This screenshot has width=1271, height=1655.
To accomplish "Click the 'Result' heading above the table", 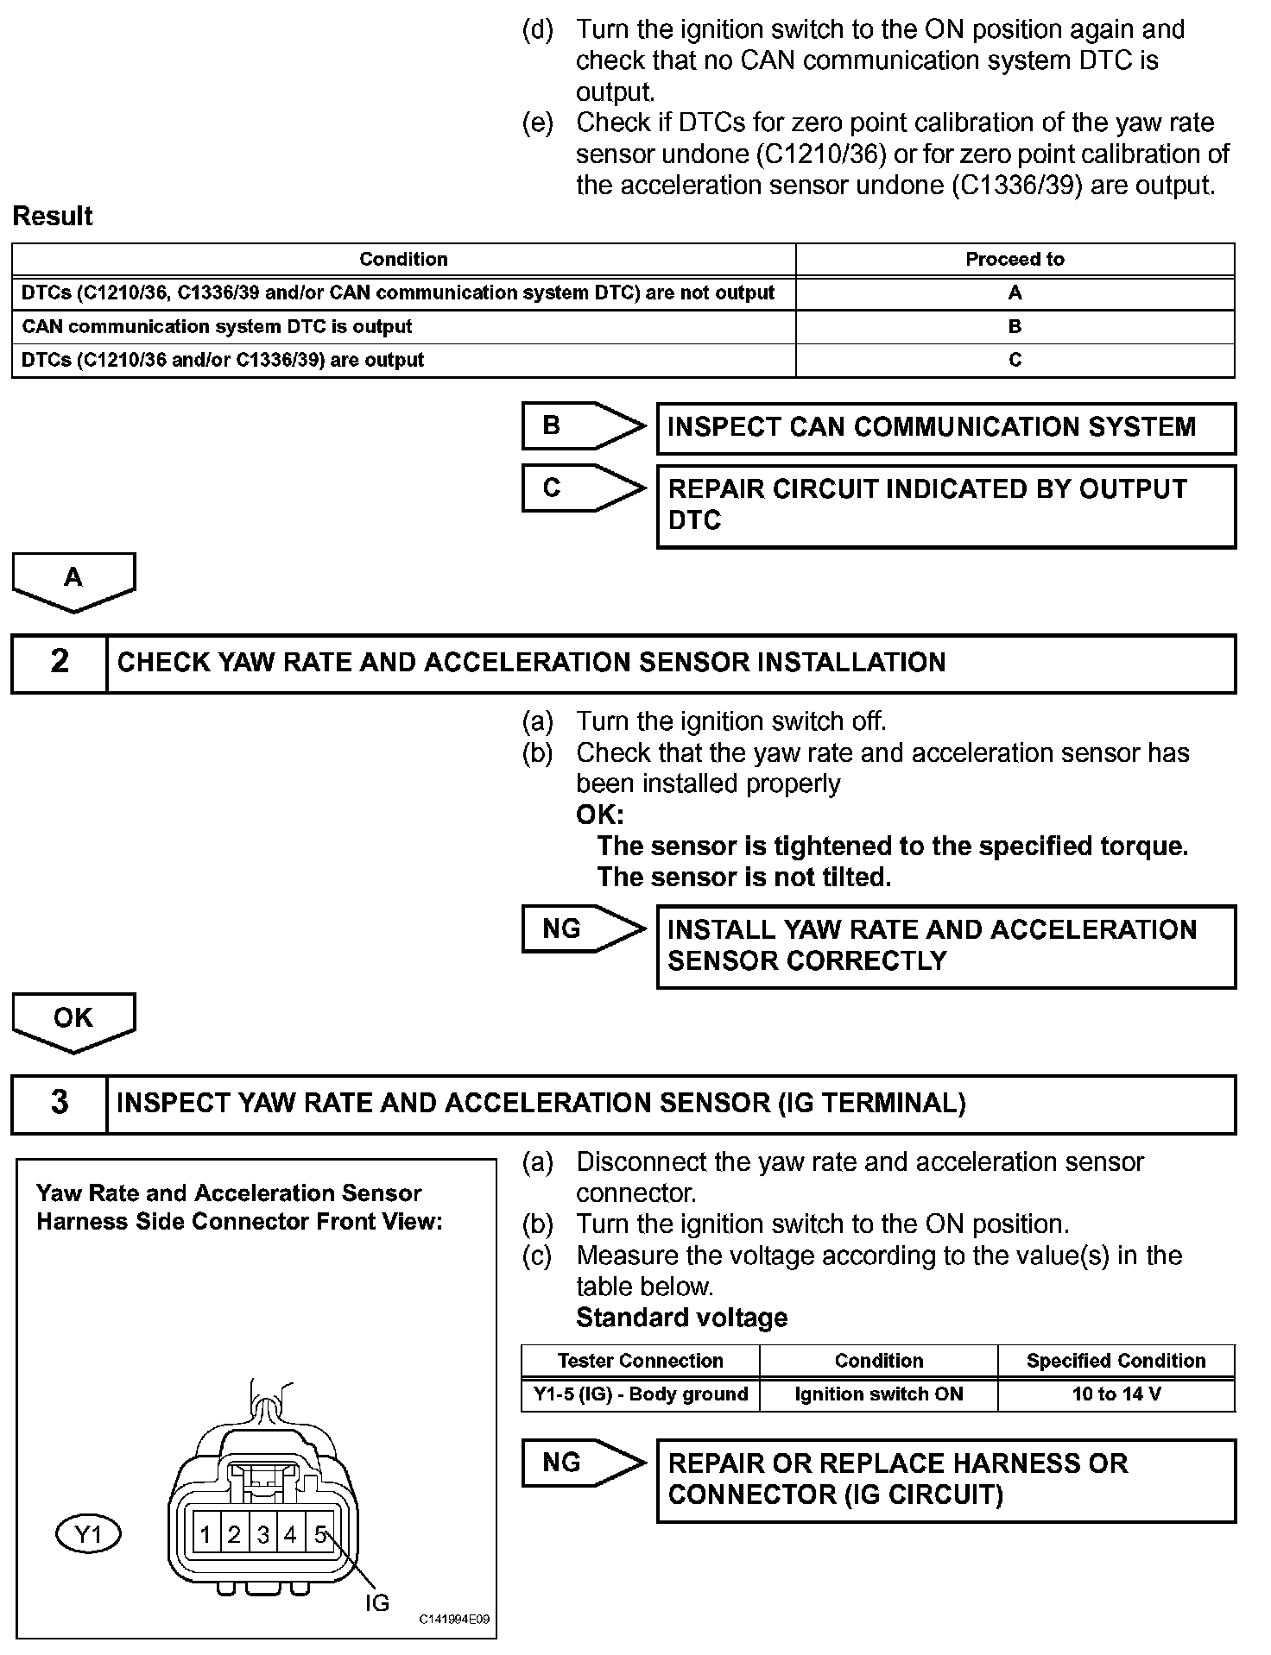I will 53,217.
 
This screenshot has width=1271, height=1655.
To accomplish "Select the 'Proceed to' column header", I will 1015,260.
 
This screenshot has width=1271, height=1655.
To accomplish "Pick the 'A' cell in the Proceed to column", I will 1015,293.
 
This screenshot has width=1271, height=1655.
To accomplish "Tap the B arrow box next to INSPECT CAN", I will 583,426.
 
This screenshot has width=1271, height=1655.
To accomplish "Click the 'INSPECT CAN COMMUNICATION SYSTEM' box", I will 945,428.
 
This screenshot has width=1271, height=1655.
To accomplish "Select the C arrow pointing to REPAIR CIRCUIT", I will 583,489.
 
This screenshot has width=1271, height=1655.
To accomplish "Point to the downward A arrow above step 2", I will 73,582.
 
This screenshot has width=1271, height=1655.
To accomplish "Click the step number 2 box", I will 60,663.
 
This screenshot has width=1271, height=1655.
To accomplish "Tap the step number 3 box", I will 60,1104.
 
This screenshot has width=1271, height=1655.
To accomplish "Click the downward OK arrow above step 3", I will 73,1022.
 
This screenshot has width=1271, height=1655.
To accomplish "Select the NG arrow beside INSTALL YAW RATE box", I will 583,929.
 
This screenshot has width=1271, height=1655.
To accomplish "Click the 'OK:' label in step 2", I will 599,815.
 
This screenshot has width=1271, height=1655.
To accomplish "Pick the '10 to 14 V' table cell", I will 1116,1394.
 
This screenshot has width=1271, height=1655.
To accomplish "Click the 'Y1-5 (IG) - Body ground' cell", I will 640,1394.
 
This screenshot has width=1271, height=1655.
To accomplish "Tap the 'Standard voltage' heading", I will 681,1318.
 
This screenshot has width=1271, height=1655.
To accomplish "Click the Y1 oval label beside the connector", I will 88,1535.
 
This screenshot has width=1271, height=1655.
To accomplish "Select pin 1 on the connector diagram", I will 206,1535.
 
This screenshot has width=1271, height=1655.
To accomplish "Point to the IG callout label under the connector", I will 377,1603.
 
